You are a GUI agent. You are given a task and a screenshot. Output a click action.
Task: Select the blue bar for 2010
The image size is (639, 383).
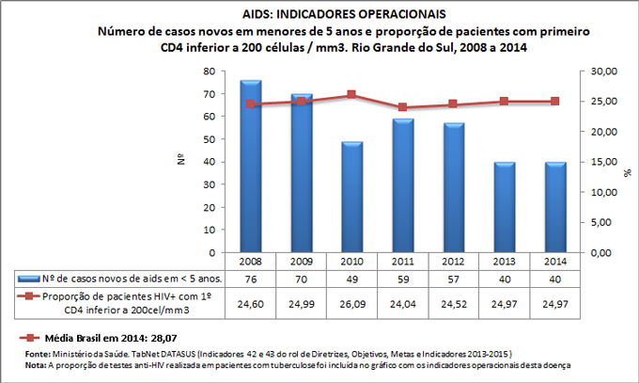[x=351, y=198]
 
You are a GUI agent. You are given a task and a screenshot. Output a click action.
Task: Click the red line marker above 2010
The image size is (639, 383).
[x=351, y=95]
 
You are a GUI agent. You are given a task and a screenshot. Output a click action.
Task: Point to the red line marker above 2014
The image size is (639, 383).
[x=554, y=102]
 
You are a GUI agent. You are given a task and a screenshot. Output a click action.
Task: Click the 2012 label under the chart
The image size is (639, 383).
[x=453, y=261]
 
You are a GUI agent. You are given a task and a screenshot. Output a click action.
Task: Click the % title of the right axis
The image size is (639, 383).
[x=626, y=173]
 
